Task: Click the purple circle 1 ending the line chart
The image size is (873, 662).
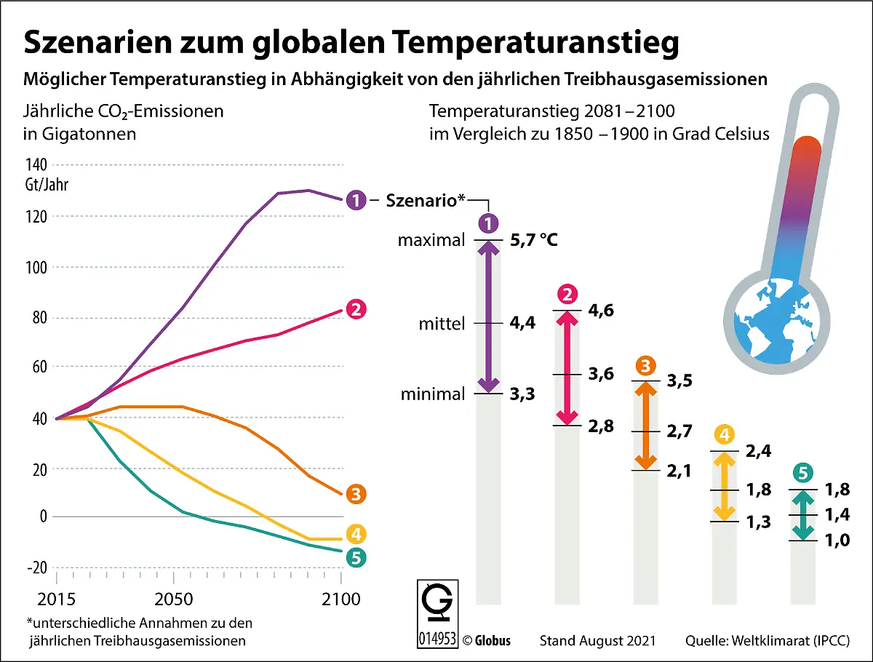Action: click(x=356, y=199)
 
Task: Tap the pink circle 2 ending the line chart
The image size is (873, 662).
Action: click(x=356, y=309)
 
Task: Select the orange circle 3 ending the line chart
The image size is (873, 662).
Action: click(x=356, y=494)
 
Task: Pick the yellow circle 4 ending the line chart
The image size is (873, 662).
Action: click(x=356, y=535)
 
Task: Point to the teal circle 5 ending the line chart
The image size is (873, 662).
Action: click(x=356, y=558)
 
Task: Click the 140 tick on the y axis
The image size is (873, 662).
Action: click(x=37, y=164)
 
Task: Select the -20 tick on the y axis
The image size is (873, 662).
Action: click(x=36, y=567)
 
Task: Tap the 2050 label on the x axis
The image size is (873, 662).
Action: click(x=173, y=600)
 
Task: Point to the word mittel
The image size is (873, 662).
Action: click(x=442, y=323)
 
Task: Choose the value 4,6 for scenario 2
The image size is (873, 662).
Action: click(x=600, y=310)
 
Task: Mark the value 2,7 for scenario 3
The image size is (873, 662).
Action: click(x=679, y=431)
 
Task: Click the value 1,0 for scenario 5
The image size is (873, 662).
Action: click(x=837, y=540)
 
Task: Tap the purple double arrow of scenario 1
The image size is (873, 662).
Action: click(x=488, y=316)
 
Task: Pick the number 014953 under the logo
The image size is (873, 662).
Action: click(x=437, y=638)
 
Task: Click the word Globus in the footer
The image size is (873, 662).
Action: click(x=493, y=641)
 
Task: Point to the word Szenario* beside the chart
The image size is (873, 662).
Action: click(x=426, y=200)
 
